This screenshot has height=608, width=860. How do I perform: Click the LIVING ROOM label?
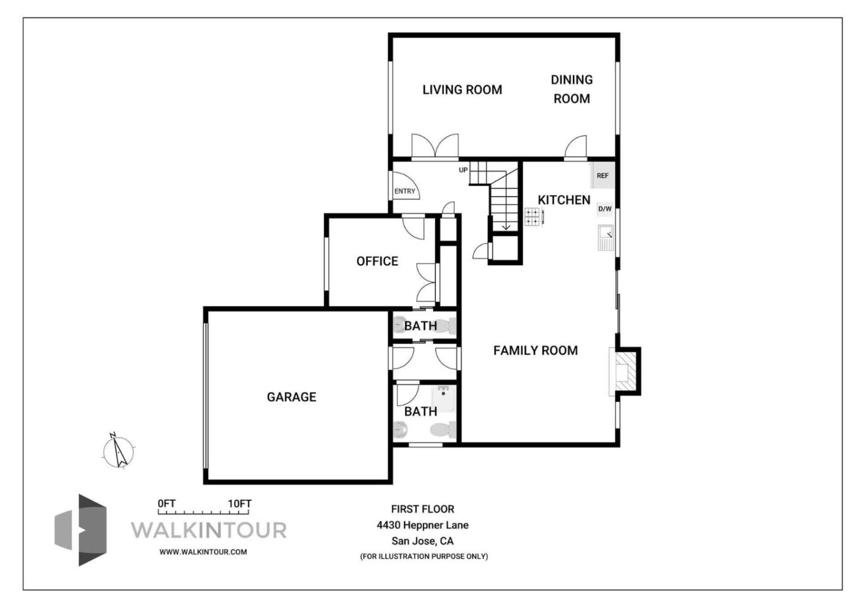click(462, 90)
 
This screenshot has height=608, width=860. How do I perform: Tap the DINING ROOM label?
click(572, 89)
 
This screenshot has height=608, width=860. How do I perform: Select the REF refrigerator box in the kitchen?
click(602, 176)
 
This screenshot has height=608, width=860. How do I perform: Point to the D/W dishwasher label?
click(604, 209)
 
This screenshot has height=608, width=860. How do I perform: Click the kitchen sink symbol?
click(606, 237)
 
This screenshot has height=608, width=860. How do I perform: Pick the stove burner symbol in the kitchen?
click(533, 217)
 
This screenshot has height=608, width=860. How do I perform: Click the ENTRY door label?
click(404, 191)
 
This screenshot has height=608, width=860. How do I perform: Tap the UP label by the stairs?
click(463, 170)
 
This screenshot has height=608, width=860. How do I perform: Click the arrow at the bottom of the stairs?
click(505, 225)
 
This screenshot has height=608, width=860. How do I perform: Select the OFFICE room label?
click(377, 261)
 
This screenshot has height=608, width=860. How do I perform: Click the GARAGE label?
click(291, 397)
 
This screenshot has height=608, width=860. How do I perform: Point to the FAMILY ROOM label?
click(535, 351)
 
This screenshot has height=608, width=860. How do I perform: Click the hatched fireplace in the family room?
click(623, 370)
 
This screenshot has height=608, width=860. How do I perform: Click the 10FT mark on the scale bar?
click(239, 503)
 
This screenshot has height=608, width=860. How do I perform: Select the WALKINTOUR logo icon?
click(81, 530)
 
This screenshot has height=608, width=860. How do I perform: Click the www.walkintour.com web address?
click(203, 552)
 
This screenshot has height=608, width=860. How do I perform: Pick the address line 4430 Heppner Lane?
click(422, 525)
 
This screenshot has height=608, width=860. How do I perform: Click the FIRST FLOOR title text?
click(422, 509)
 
